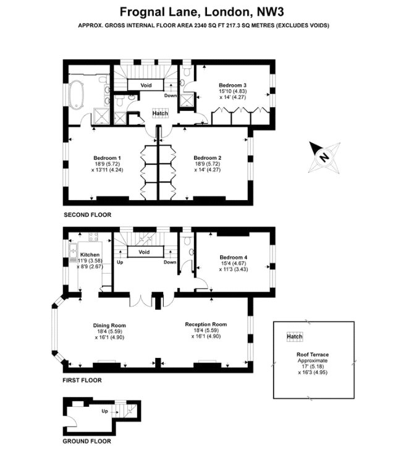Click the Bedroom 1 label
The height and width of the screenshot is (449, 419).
pyautogui.click(x=107, y=158)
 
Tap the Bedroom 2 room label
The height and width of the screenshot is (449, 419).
pyautogui.click(x=208, y=158)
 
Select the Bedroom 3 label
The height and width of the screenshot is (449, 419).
pyautogui.click(x=232, y=85)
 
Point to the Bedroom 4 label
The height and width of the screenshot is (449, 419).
pyautogui.click(x=234, y=257)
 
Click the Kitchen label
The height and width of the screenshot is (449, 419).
pyautogui.click(x=90, y=255)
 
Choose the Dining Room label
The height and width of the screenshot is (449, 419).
pyautogui.click(x=109, y=325)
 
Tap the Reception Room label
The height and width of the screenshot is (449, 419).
pyautogui.click(x=206, y=324)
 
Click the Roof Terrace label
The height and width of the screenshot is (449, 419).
pyautogui.click(x=313, y=354)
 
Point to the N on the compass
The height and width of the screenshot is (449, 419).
pyautogui.click(x=324, y=157)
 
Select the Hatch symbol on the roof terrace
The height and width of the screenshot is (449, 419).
pyautogui.click(x=295, y=336)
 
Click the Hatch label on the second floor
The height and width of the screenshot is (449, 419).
pyautogui.click(x=160, y=113)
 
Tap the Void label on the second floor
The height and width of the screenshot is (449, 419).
pyautogui.click(x=146, y=85)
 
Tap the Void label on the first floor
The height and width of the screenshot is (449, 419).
pyautogui.click(x=144, y=252)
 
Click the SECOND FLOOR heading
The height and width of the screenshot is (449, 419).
pyautogui.click(x=88, y=215)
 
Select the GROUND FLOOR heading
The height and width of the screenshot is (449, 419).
pyautogui.click(x=87, y=442)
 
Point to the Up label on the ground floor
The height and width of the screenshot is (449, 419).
pyautogui.click(x=104, y=411)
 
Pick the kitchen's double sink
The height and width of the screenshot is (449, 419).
pyautogui.click(x=73, y=251)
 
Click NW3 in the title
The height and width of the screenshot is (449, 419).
pyautogui.click(x=271, y=12)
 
